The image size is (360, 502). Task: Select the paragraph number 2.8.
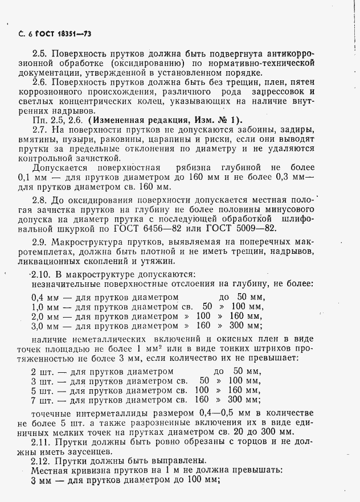click(40, 199)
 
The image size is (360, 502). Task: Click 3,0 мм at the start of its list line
click(45, 326)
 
